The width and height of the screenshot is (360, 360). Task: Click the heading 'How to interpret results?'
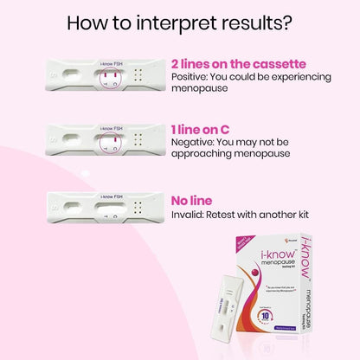(x=179, y=22)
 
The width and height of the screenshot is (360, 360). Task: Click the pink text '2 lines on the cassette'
(x=227, y=63)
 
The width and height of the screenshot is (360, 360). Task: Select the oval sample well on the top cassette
(x=68, y=77)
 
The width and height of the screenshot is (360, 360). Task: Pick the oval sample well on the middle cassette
(x=68, y=142)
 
